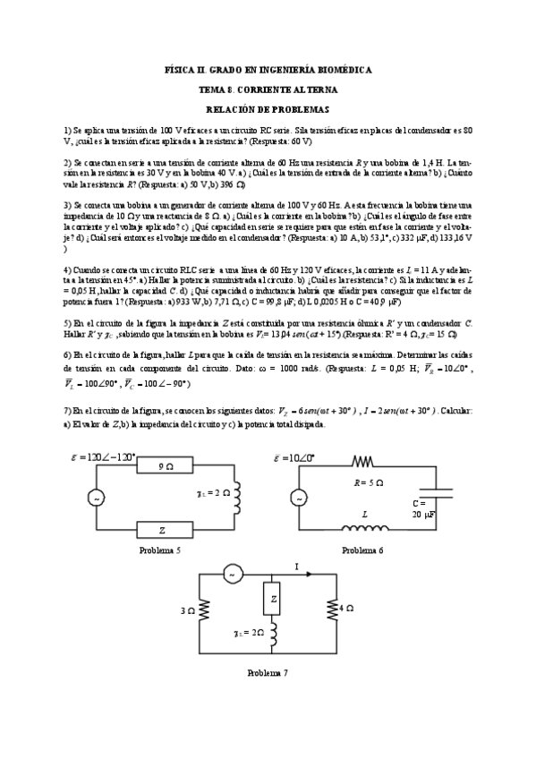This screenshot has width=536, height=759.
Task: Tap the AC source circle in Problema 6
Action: coord(297,498)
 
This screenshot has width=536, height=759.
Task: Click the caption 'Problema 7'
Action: coord(267,671)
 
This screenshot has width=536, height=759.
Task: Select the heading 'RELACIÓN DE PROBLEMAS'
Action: coord(268,108)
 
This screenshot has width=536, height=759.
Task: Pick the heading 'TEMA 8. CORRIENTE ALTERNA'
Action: coord(268,89)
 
